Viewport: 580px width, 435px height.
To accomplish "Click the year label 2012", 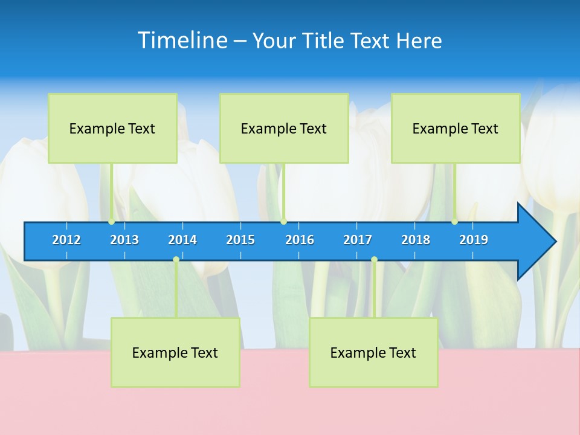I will coord(66,240).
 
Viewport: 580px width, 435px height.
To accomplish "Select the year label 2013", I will coord(124,240).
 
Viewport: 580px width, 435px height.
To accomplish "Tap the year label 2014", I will coord(182,240).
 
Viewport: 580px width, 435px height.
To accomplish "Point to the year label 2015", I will coord(240,240).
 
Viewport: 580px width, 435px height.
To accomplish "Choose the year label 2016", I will coord(300,240).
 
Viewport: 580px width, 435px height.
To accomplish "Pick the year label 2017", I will coord(358,240).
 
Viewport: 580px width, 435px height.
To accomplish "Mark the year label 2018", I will coord(416,240).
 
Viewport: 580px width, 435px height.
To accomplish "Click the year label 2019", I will coord(474,240).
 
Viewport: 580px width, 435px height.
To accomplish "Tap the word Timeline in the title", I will coord(182,40).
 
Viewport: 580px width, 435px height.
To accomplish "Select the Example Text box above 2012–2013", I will coord(112,128).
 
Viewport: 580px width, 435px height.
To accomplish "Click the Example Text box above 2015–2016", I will coord(284,128).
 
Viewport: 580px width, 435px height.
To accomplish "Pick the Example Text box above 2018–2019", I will coord(456,128).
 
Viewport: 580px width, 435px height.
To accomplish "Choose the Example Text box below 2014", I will coord(175,352).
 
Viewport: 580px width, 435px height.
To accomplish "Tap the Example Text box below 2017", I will coord(373,352).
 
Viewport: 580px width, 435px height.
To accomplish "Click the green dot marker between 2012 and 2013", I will coord(112,222).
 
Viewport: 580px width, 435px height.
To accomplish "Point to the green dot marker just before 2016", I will coord(283,222).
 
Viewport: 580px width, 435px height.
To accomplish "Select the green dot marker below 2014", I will coord(176,260).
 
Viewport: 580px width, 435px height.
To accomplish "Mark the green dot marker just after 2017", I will coord(374,260).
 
